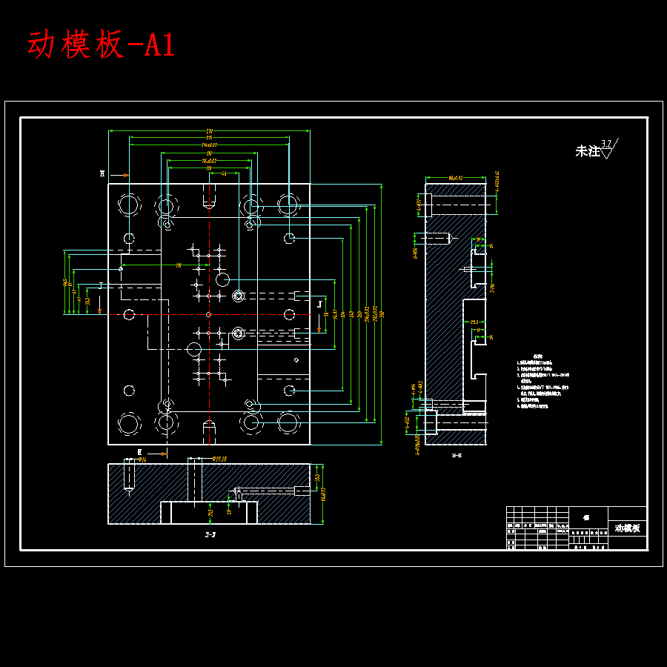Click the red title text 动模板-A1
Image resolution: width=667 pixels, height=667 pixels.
(x=102, y=46)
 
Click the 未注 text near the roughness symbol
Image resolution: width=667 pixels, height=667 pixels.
(x=587, y=151)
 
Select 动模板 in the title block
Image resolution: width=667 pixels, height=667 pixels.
(x=627, y=528)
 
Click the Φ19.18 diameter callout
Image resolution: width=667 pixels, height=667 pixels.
(x=220, y=459)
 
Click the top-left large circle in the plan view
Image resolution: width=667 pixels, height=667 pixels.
(x=128, y=204)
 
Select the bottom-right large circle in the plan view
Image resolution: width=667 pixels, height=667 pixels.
(x=289, y=423)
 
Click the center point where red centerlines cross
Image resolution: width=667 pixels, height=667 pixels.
(x=209, y=314)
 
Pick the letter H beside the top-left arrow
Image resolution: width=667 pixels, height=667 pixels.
(x=102, y=174)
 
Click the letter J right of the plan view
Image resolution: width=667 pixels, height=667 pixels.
(x=320, y=304)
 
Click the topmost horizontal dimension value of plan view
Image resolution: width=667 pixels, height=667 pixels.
(x=209, y=131)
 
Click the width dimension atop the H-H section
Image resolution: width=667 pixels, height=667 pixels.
(x=455, y=178)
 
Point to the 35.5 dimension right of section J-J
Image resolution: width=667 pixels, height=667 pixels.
(x=317, y=479)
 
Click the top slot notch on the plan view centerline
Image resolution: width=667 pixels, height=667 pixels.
(x=209, y=196)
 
